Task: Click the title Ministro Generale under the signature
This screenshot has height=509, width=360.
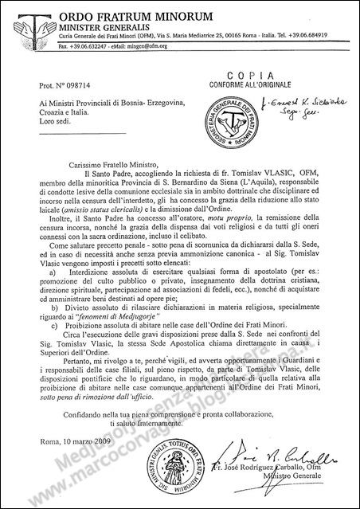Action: tap(275, 490)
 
